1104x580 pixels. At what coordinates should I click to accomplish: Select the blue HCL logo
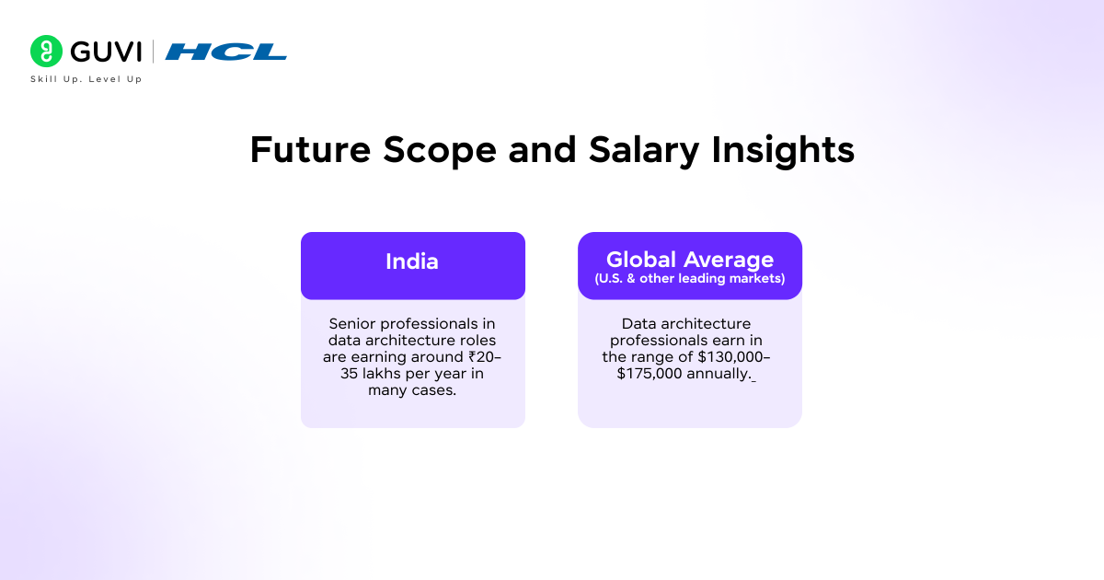point(225,52)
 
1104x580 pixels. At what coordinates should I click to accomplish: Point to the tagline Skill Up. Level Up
point(86,79)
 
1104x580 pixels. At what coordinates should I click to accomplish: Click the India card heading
point(412,261)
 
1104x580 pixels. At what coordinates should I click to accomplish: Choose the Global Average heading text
point(689,260)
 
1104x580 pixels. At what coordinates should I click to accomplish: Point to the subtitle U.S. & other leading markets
point(689,279)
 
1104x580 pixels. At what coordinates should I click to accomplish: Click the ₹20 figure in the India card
point(481,357)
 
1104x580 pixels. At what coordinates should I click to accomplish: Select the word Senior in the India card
point(352,324)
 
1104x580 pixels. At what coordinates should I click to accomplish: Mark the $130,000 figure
point(728,357)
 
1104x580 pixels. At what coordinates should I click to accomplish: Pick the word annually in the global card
point(725,374)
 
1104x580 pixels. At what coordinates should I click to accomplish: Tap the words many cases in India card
point(412,390)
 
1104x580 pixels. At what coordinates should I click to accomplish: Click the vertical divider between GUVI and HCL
point(153,51)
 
